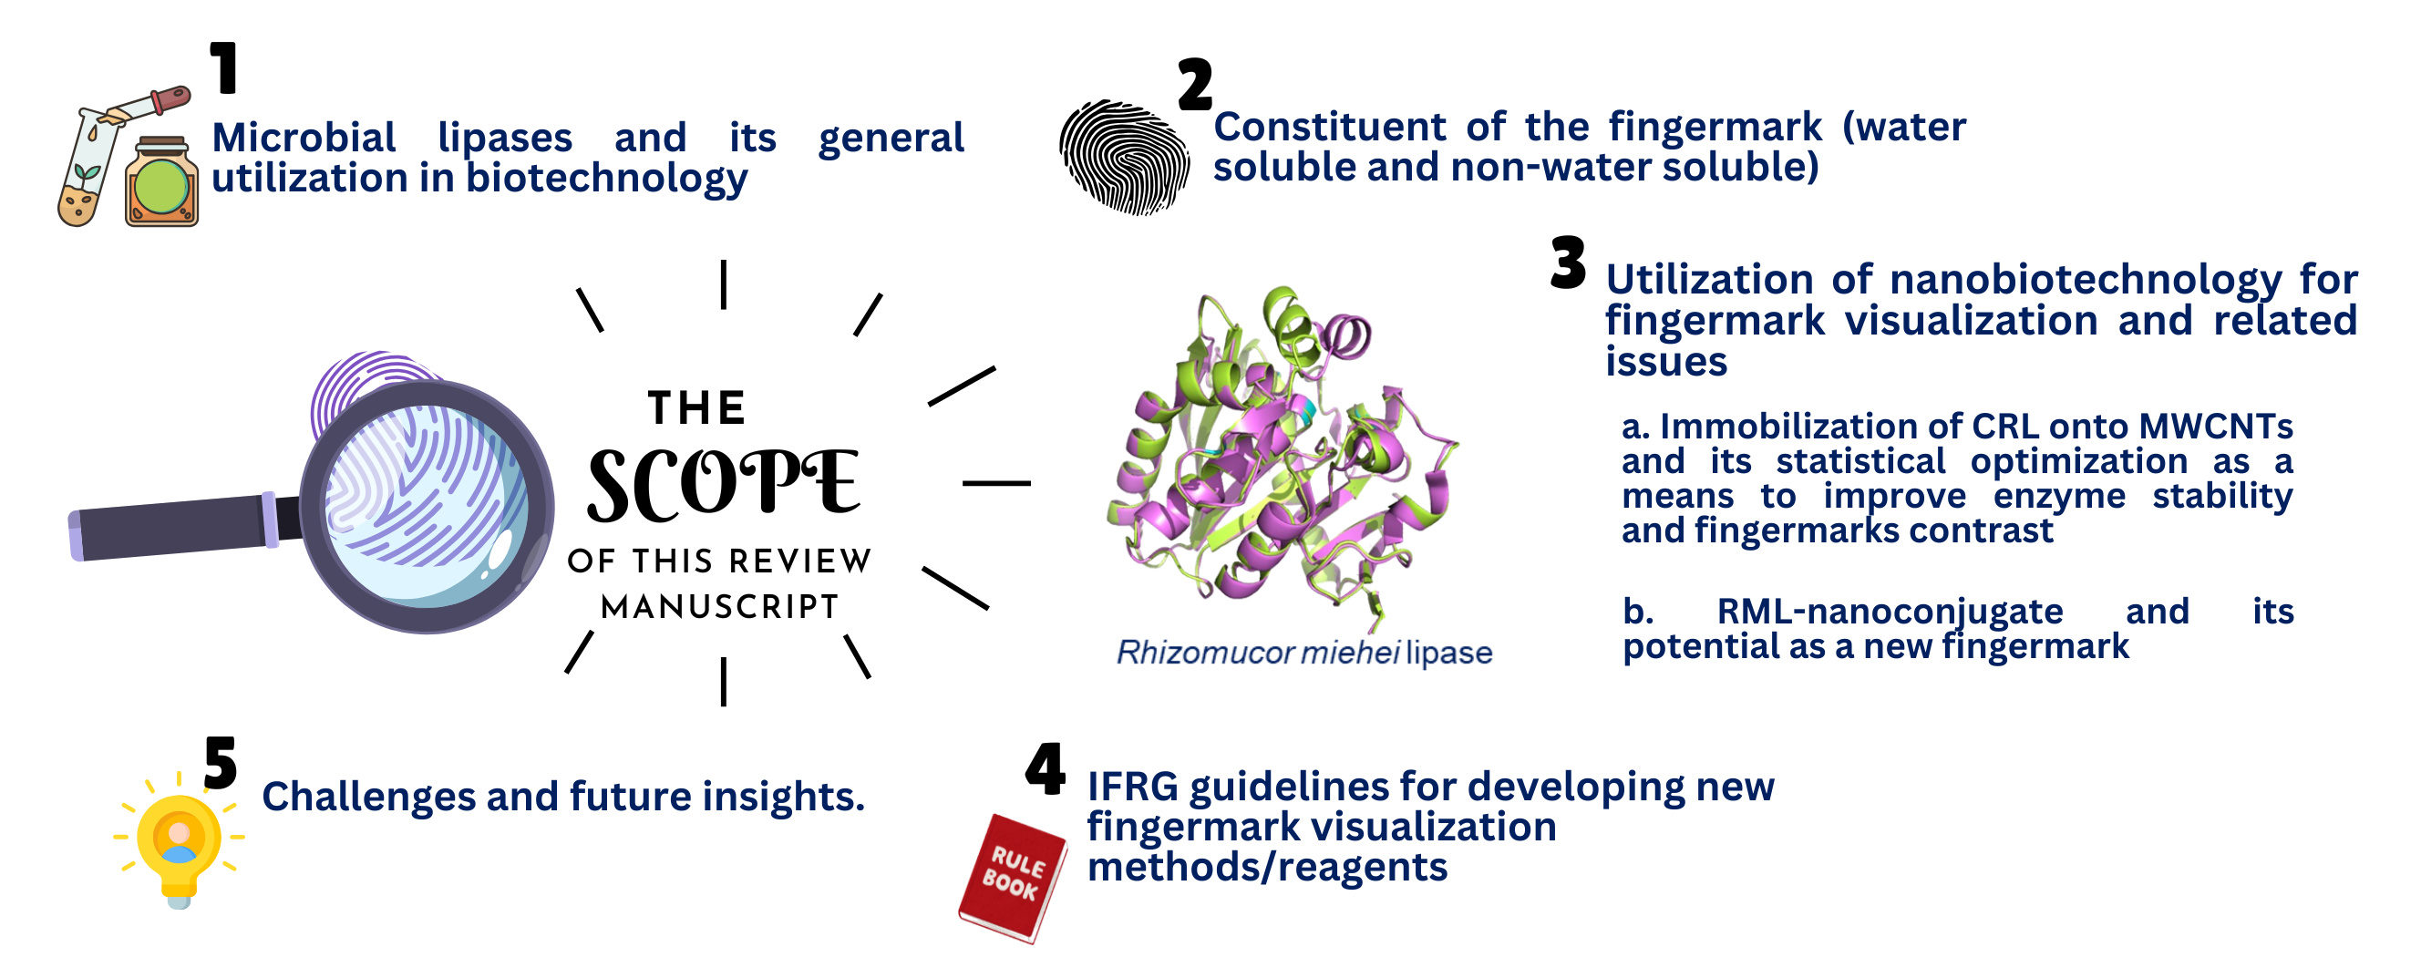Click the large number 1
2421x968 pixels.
tap(223, 67)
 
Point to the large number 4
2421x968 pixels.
tap(1046, 768)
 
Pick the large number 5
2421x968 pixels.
tap(221, 762)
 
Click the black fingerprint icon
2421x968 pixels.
tap(1124, 157)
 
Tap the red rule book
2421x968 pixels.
tap(1013, 878)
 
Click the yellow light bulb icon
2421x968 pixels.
tap(179, 839)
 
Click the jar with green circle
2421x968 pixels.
tap(161, 182)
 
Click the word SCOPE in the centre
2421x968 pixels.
tap(724, 485)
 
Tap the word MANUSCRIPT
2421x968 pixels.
tap(720, 607)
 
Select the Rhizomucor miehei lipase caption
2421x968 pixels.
tap(1304, 653)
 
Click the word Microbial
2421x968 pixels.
tap(304, 139)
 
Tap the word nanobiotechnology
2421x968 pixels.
tap(2086, 281)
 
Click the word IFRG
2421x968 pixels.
tap(1132, 786)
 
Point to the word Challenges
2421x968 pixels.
tap(368, 797)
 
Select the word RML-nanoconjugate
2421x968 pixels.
tap(1890, 612)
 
